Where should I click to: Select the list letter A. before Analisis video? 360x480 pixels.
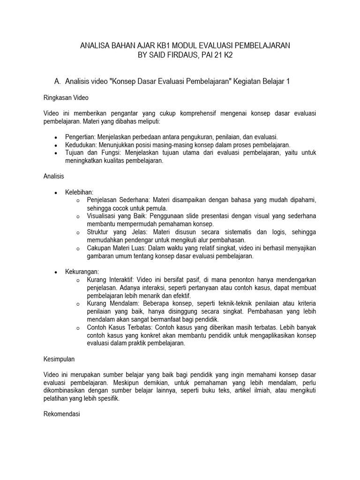58,81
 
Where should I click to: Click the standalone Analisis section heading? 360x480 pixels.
53,176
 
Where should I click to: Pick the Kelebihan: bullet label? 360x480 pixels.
79,192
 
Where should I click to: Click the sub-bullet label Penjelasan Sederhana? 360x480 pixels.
121,200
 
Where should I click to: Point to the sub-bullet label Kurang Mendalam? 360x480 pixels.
113,303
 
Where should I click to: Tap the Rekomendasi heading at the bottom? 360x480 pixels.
62,414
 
